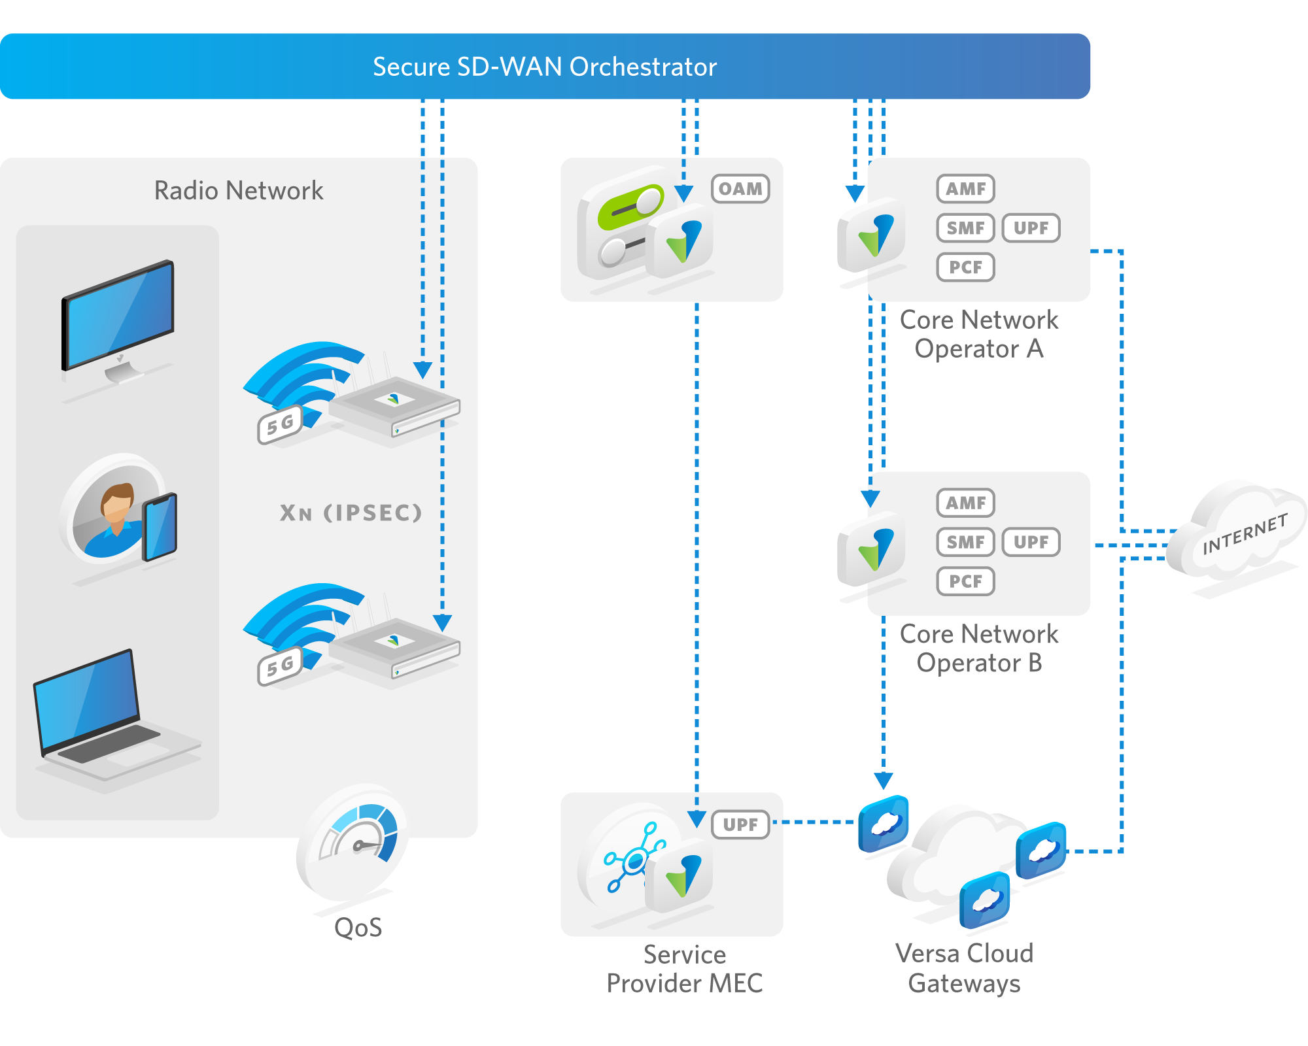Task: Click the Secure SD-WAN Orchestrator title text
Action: pos(545,67)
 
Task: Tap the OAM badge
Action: pos(740,189)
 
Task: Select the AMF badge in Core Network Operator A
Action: pos(965,189)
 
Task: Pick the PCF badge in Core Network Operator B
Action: pos(965,581)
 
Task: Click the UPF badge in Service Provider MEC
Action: pos(740,824)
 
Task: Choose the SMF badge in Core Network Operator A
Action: pos(965,228)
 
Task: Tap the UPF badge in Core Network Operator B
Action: pos(1031,542)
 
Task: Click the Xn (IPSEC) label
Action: pos(351,513)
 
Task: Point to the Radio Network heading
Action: pos(239,191)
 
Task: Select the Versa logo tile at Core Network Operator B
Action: pos(873,549)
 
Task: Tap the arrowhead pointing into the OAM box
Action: pos(683,194)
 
